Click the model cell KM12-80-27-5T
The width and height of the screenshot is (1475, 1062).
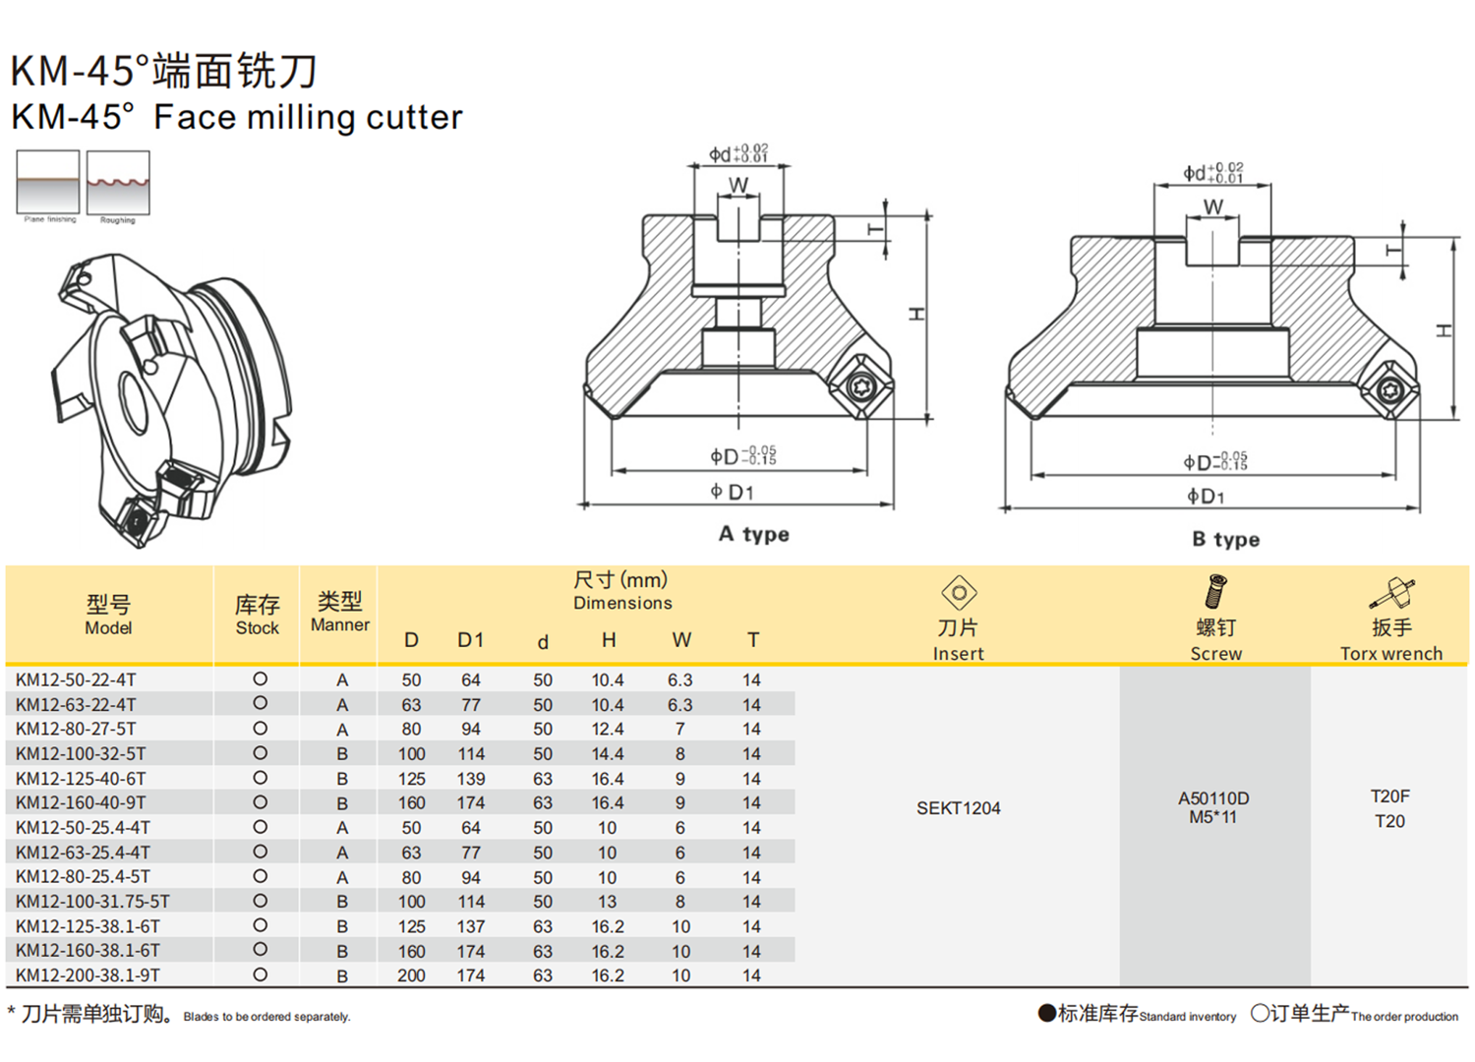(76, 729)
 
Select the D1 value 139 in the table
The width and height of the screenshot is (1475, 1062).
(470, 779)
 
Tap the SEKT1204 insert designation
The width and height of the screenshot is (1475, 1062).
(958, 808)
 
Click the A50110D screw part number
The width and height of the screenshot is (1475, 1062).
(1213, 798)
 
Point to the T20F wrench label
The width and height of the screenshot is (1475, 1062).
(1389, 796)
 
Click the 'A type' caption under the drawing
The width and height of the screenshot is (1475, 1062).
(753, 534)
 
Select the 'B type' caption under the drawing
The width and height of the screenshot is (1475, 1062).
(1225, 539)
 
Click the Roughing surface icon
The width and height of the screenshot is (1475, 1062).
(118, 183)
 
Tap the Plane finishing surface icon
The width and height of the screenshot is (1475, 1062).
(48, 182)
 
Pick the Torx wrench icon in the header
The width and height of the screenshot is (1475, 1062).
(1391, 594)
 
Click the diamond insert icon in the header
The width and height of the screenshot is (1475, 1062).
(959, 593)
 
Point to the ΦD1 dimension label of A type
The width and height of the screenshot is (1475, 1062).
(732, 492)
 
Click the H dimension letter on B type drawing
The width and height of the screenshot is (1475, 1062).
(1444, 330)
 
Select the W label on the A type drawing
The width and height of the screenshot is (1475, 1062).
(737, 185)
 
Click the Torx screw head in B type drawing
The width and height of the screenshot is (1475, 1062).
(1390, 391)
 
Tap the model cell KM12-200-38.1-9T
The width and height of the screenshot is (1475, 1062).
(88, 975)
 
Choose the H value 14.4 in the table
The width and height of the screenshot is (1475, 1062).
(607, 754)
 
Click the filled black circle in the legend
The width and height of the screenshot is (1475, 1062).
(1046, 1013)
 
